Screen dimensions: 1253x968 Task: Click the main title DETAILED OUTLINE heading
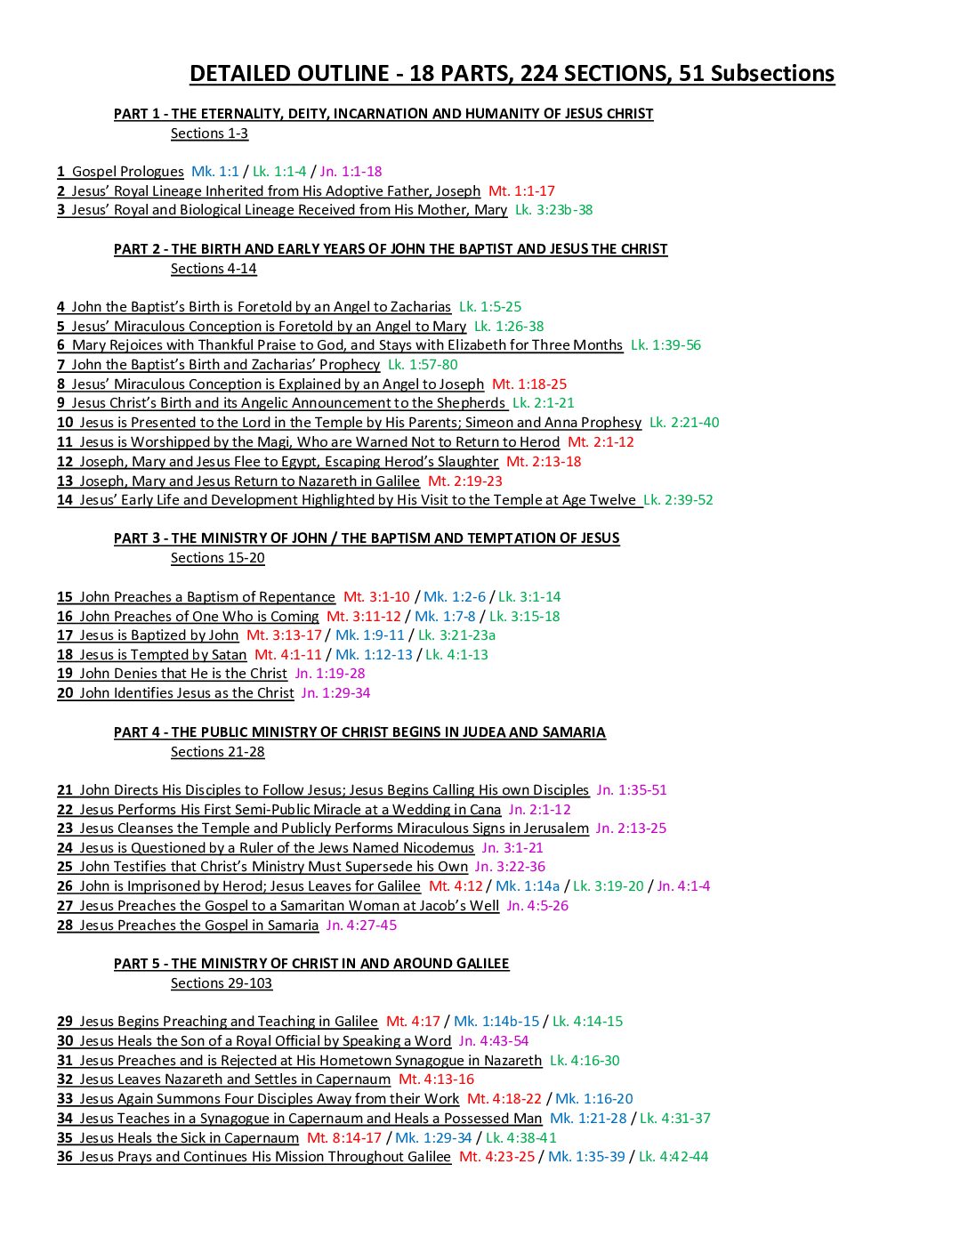pyautogui.click(x=512, y=74)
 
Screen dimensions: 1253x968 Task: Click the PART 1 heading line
pyautogui.click(x=383, y=114)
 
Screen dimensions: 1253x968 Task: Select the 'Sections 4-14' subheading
pyautogui.click(x=214, y=269)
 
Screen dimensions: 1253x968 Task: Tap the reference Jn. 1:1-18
pyautogui.click(x=351, y=172)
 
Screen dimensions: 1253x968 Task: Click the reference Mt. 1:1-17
pyautogui.click(x=521, y=191)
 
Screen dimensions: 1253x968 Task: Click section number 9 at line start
pyautogui.click(x=61, y=403)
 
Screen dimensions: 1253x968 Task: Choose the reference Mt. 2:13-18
pyautogui.click(x=544, y=462)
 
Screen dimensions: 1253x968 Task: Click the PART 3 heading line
pyautogui.click(x=367, y=538)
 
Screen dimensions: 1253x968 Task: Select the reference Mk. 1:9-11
pyautogui.click(x=369, y=635)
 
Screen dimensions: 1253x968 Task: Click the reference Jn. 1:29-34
pyautogui.click(x=335, y=693)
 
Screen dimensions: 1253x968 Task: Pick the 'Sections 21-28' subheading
pyautogui.click(x=218, y=752)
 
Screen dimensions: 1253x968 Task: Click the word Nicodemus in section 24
pyautogui.click(x=432, y=848)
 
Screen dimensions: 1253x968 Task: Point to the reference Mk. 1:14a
pyautogui.click(x=528, y=886)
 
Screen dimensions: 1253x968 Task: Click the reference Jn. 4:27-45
pyautogui.click(x=361, y=926)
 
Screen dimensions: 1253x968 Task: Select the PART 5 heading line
pyautogui.click(x=311, y=964)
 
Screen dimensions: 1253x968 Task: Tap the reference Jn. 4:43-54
pyautogui.click(x=494, y=1041)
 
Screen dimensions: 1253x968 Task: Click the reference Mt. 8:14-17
pyautogui.click(x=344, y=1138)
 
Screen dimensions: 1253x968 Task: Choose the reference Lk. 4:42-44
pyautogui.click(x=674, y=1157)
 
